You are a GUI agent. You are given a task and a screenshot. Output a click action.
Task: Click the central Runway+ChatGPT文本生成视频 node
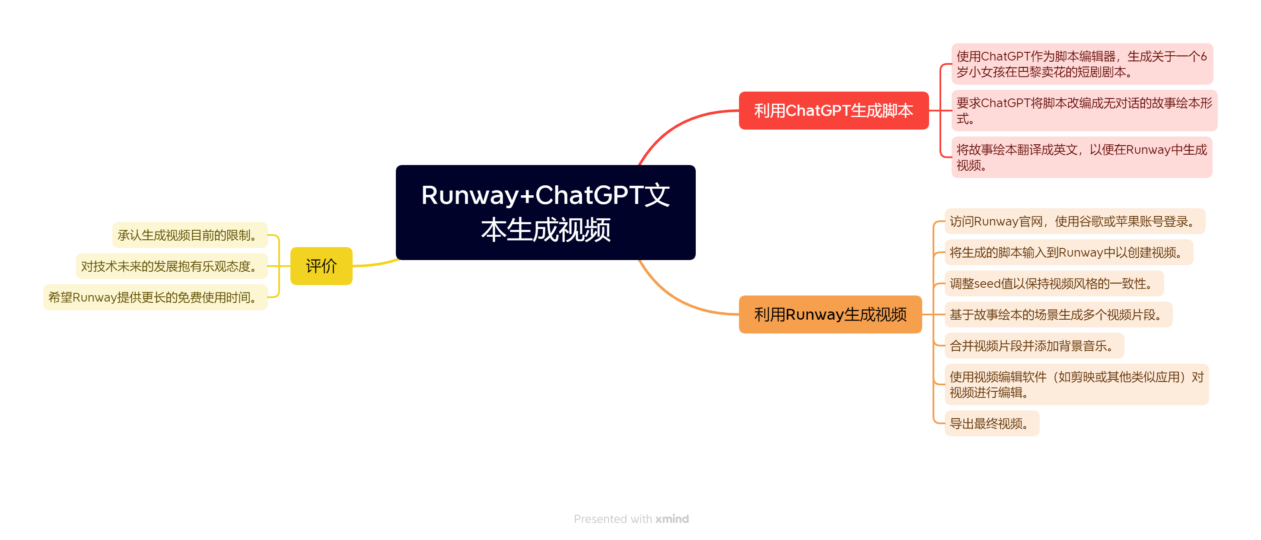[x=545, y=212]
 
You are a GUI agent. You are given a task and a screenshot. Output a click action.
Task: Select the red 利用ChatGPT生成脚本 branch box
[x=833, y=111]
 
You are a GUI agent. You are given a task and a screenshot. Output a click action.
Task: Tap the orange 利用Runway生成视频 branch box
[x=830, y=314]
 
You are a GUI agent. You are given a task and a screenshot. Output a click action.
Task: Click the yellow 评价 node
[x=321, y=266]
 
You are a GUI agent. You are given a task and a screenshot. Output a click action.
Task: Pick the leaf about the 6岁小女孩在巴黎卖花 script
[x=1081, y=64]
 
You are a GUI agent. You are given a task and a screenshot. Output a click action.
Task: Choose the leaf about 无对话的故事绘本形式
[x=1083, y=111]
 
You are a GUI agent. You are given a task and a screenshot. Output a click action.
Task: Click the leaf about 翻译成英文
[x=1081, y=157]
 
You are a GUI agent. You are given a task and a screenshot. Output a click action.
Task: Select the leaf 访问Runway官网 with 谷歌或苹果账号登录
[x=1074, y=221]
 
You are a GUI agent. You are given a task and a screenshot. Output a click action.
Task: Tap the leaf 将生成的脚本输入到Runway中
[x=1068, y=252]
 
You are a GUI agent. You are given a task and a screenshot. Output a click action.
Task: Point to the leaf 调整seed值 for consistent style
[x=1054, y=283]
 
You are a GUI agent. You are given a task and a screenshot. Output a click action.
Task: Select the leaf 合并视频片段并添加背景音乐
[x=1033, y=346]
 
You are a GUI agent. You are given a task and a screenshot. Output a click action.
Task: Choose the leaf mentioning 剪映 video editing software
[x=1076, y=384]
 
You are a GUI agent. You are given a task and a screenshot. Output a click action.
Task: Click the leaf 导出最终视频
[x=991, y=423]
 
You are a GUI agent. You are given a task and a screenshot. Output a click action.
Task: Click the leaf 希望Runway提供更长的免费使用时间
[x=155, y=297]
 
